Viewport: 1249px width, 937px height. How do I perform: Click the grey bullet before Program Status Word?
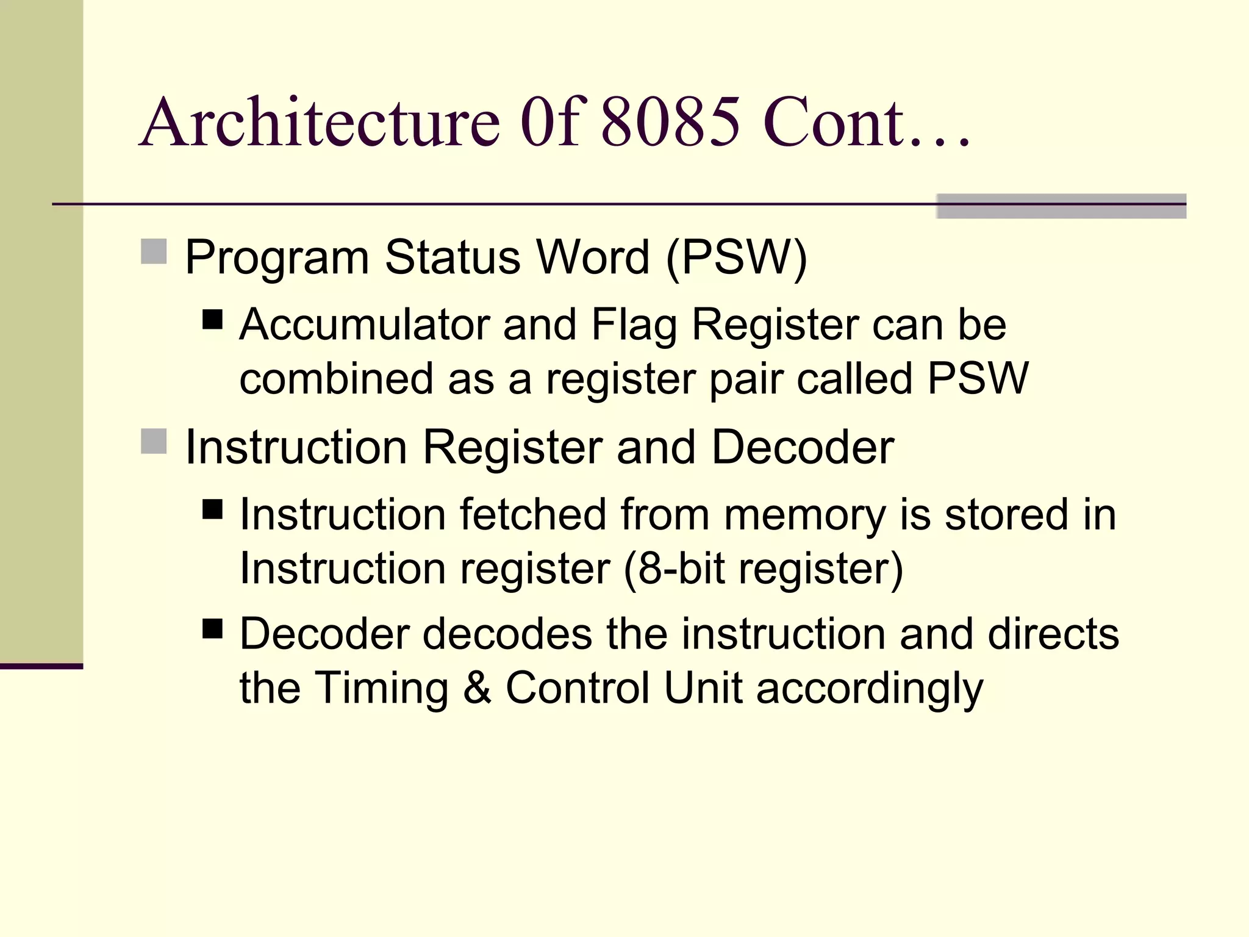(154, 251)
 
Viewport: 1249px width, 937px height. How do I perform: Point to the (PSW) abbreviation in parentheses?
(737, 257)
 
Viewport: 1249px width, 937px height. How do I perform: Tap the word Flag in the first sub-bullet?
(634, 325)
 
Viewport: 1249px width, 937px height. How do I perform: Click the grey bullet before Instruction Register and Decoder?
(154, 441)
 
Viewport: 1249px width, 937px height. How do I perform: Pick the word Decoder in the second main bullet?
(803, 447)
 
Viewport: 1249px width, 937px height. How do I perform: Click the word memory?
(804, 515)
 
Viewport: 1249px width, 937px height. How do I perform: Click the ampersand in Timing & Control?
(477, 688)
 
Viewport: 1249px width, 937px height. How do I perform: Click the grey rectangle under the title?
(1061, 206)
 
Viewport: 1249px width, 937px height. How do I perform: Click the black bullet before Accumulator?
(213, 319)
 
